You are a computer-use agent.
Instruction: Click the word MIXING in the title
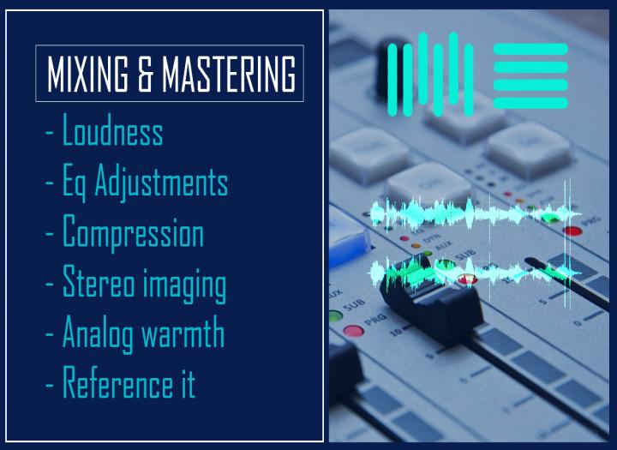(x=87, y=74)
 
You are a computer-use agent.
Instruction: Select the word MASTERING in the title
(x=229, y=74)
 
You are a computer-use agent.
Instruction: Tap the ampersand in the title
(x=145, y=74)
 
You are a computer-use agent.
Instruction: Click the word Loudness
(x=113, y=130)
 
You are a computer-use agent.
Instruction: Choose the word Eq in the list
(x=74, y=183)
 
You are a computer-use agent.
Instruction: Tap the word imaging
(x=184, y=285)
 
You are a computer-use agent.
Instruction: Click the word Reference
(x=117, y=381)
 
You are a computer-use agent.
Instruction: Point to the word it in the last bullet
(x=188, y=382)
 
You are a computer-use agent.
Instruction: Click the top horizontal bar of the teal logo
(x=530, y=49)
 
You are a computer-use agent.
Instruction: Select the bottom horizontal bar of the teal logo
(x=530, y=103)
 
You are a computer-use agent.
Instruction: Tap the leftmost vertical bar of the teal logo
(x=392, y=80)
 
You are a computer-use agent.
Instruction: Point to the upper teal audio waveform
(x=476, y=213)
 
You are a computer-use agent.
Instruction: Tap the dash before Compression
(x=50, y=233)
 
